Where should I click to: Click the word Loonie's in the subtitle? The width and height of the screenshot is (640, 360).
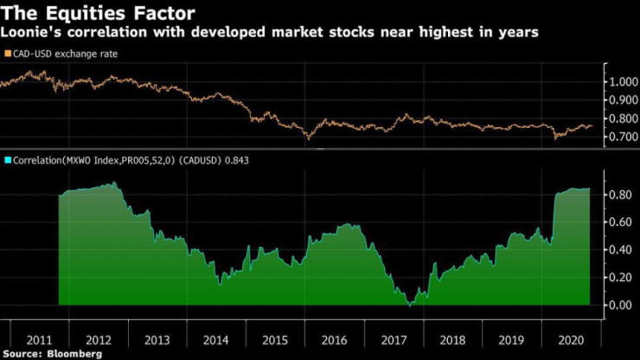click(x=28, y=32)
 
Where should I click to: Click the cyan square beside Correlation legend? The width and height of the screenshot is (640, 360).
click(x=7, y=160)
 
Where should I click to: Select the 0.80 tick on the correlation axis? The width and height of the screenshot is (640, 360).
click(x=620, y=195)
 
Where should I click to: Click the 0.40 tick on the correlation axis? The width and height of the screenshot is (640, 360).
click(x=620, y=250)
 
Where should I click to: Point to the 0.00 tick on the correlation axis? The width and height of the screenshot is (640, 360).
click(x=620, y=305)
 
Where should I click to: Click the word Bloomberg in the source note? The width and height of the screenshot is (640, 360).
click(x=75, y=354)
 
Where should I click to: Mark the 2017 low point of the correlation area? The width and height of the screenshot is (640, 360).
click(x=412, y=305)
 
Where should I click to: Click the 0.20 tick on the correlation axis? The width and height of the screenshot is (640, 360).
click(x=620, y=278)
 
